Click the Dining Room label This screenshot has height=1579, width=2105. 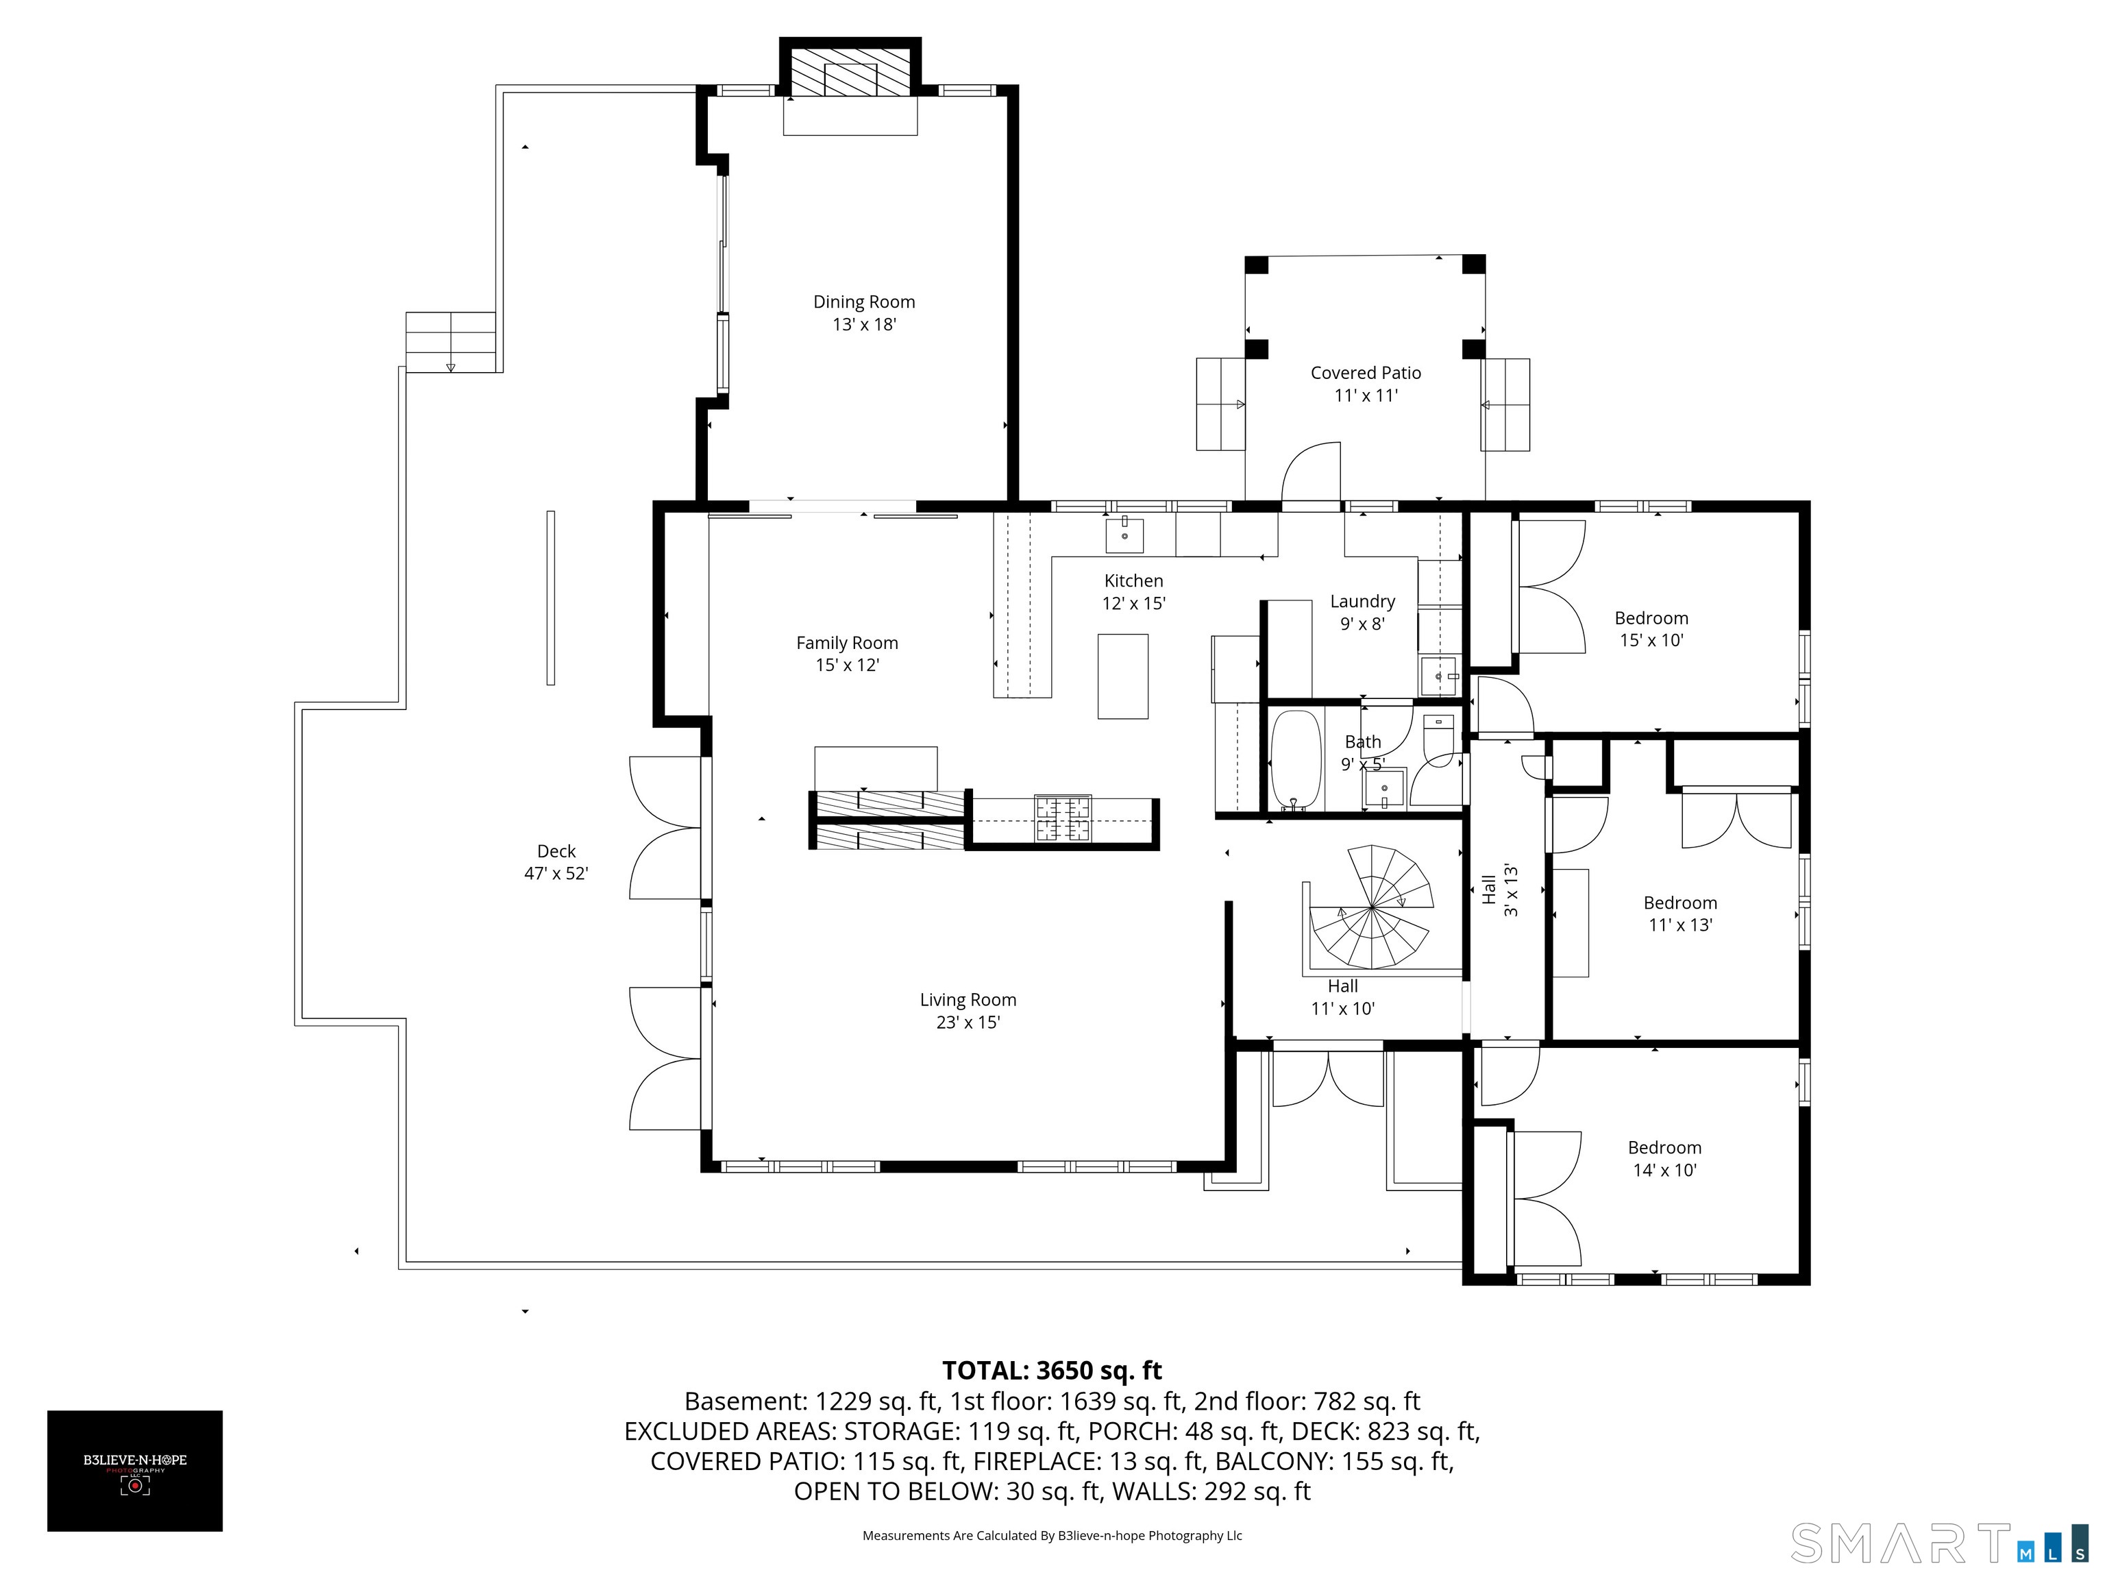864,302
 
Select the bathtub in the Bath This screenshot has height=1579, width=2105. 1296,759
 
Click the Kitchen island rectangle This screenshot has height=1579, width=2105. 1123,676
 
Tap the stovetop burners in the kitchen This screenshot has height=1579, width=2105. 1063,818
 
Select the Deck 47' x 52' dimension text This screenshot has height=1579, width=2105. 556,874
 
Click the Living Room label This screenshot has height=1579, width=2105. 968,999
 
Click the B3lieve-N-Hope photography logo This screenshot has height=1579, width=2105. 135,1471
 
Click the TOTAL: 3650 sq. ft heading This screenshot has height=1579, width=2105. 1052,1371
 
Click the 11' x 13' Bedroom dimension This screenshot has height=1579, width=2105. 1681,925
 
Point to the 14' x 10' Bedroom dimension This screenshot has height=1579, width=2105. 1664,1171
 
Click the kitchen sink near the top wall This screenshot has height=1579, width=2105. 1125,534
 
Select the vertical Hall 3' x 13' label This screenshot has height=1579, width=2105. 1500,890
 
